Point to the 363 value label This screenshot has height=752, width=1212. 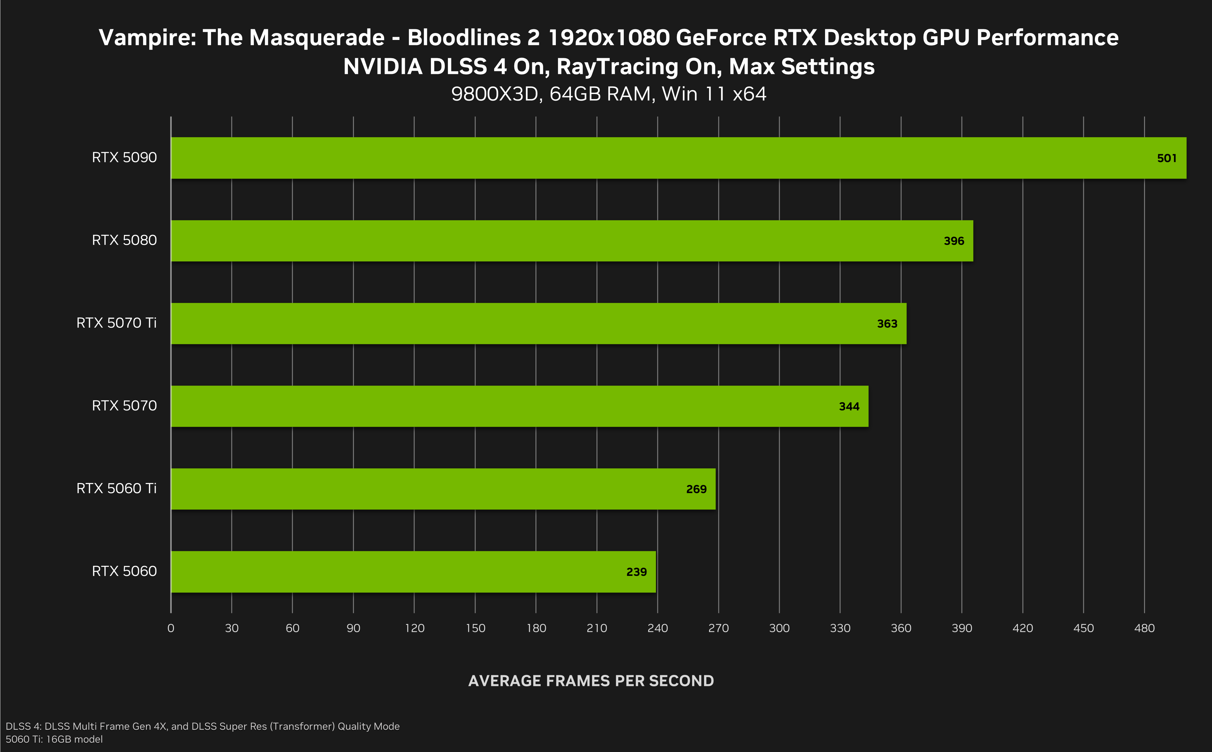[887, 324]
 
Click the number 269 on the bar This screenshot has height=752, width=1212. [696, 489]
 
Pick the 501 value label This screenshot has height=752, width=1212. [1166, 158]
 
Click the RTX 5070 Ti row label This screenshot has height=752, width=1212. [116, 323]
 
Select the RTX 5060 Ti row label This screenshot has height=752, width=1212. [116, 488]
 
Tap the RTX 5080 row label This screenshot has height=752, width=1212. [124, 240]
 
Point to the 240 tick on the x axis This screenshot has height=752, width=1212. [657, 628]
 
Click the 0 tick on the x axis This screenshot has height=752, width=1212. [170, 628]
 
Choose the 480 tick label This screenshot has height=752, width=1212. [1144, 628]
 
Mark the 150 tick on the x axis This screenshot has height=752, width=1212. [475, 628]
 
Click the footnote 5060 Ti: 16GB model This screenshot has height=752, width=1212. [54, 739]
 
